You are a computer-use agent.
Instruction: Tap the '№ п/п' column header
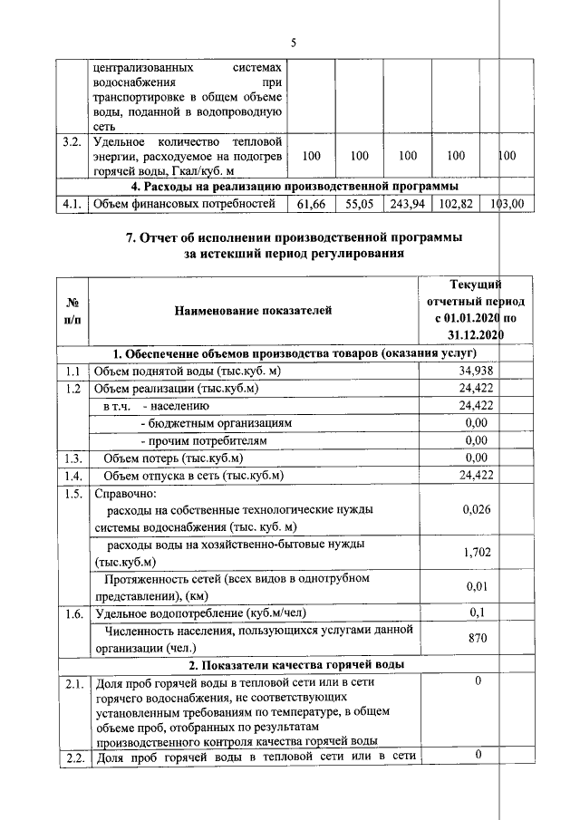point(72,311)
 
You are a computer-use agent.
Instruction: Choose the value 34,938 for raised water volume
point(476,371)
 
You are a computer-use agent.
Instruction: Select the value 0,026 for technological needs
point(476,510)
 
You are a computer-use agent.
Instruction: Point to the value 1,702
point(476,552)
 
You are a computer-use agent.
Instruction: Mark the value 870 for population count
point(476,639)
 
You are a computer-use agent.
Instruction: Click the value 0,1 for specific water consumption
point(476,613)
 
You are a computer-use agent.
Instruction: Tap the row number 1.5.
point(72,495)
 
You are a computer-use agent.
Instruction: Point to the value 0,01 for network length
point(476,586)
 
